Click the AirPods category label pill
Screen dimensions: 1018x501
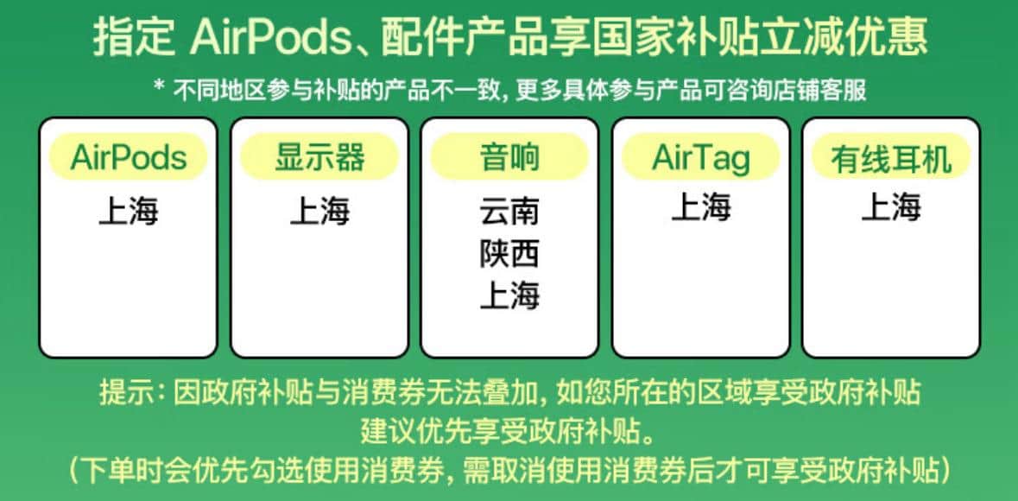pyautogui.click(x=129, y=156)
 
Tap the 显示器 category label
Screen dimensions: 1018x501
pyautogui.click(x=319, y=156)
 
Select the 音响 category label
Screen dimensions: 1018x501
pyautogui.click(x=509, y=156)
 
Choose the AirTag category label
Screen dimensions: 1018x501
pyautogui.click(x=700, y=156)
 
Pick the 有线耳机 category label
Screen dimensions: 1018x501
pyautogui.click(x=891, y=156)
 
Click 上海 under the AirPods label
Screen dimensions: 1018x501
pyautogui.click(x=129, y=212)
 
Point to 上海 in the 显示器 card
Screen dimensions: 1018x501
pyautogui.click(x=319, y=212)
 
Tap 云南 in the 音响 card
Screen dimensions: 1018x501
pyautogui.click(x=509, y=212)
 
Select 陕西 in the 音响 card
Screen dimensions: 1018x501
pyautogui.click(x=509, y=254)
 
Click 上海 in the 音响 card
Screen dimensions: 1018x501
pyautogui.click(x=509, y=296)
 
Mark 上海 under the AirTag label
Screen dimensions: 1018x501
pyautogui.click(x=700, y=207)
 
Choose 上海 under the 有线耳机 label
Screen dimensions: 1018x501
pyautogui.click(x=891, y=207)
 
